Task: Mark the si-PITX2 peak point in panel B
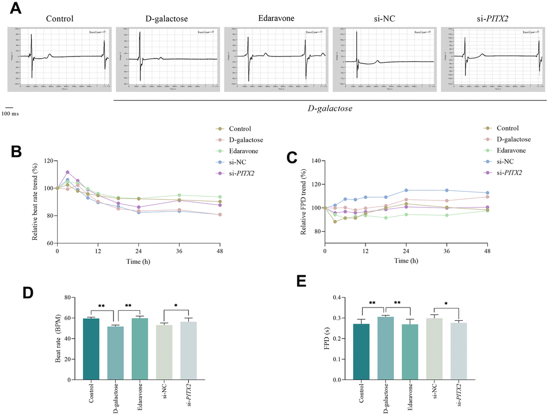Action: pos(67,173)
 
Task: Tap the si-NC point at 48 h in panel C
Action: pos(488,193)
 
